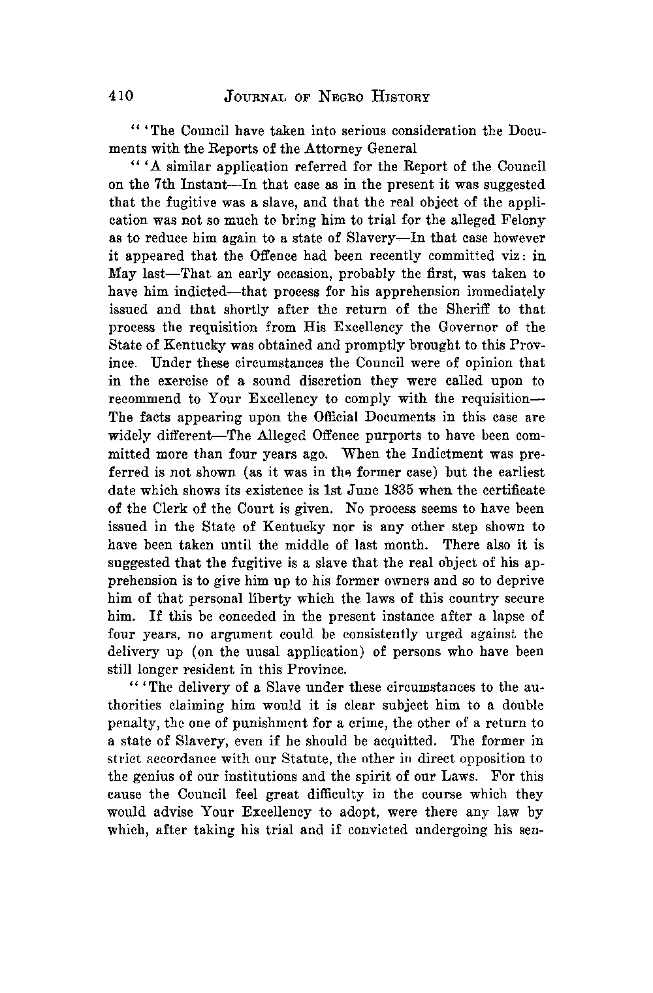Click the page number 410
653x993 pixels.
click(x=121, y=96)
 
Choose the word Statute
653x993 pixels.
click(x=337, y=758)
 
